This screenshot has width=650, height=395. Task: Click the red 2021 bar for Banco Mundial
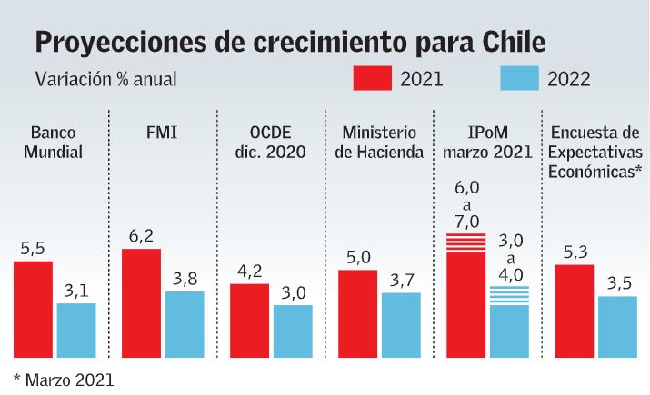pos(33,309)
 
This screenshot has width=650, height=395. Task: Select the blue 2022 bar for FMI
pos(185,324)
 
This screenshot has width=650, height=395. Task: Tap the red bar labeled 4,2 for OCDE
pos(249,321)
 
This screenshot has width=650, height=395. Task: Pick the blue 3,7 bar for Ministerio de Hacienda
pos(401,325)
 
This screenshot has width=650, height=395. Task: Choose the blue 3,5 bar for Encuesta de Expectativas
pos(617,327)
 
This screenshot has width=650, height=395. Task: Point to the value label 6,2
pos(141,236)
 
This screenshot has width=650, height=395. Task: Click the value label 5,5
pos(33,249)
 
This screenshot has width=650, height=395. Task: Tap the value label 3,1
pos(75,291)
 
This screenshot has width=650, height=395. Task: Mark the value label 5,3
pos(574,252)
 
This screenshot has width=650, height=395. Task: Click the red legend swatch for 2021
pos(373,78)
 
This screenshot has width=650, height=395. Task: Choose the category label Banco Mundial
pos(55,143)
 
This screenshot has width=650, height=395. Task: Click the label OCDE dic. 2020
pos(269,143)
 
